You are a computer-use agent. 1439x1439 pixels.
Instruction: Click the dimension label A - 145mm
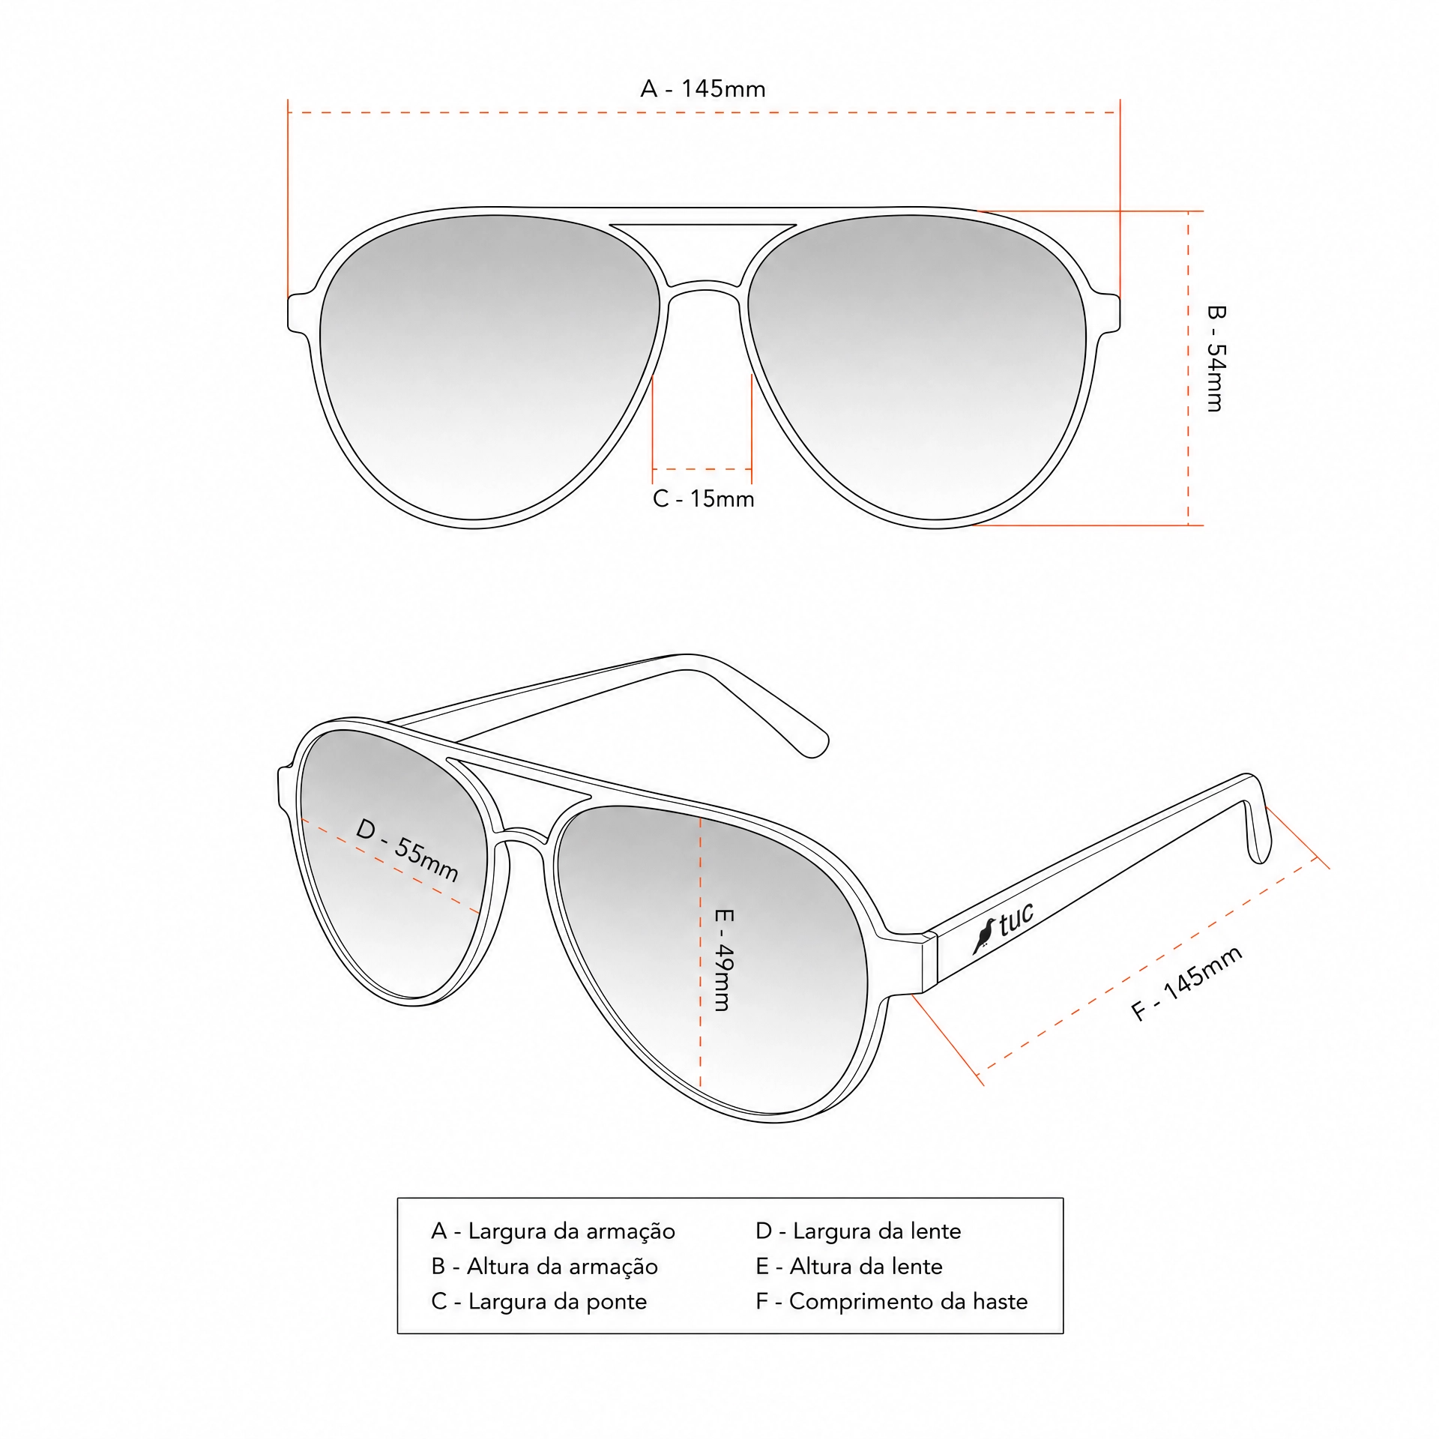[x=703, y=89]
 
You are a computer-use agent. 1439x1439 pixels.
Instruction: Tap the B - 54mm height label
[x=1216, y=358]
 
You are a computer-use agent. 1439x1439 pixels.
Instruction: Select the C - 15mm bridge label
[x=703, y=498]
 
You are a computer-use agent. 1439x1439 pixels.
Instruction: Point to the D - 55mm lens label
[x=407, y=850]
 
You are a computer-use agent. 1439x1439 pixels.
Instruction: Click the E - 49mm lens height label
[x=724, y=960]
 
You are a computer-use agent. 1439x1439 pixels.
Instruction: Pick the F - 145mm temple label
[x=1186, y=983]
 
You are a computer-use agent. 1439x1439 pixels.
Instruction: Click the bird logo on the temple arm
[x=984, y=935]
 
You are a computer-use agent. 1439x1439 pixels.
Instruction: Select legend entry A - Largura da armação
[x=553, y=1231]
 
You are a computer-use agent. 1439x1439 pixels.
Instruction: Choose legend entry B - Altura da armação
[x=544, y=1266]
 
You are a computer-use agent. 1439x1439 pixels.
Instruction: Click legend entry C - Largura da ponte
[x=539, y=1301]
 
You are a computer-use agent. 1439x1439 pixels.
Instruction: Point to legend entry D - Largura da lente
[x=858, y=1231]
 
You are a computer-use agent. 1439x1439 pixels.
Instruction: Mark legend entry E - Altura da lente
[x=849, y=1266]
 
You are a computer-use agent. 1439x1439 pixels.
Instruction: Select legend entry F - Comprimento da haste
[x=892, y=1301]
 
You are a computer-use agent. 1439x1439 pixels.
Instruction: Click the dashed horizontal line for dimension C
[x=702, y=469]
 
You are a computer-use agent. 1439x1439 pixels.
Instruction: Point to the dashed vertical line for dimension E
[x=700, y=951]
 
